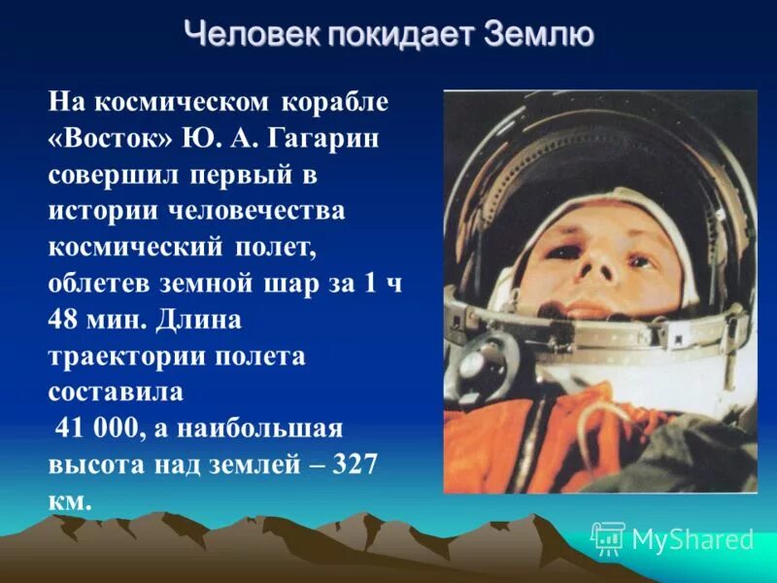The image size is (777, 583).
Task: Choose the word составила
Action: (115, 392)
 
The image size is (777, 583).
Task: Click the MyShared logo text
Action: (693, 539)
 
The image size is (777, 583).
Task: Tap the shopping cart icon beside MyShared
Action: (608, 537)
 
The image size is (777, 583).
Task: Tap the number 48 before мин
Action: (65, 320)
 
